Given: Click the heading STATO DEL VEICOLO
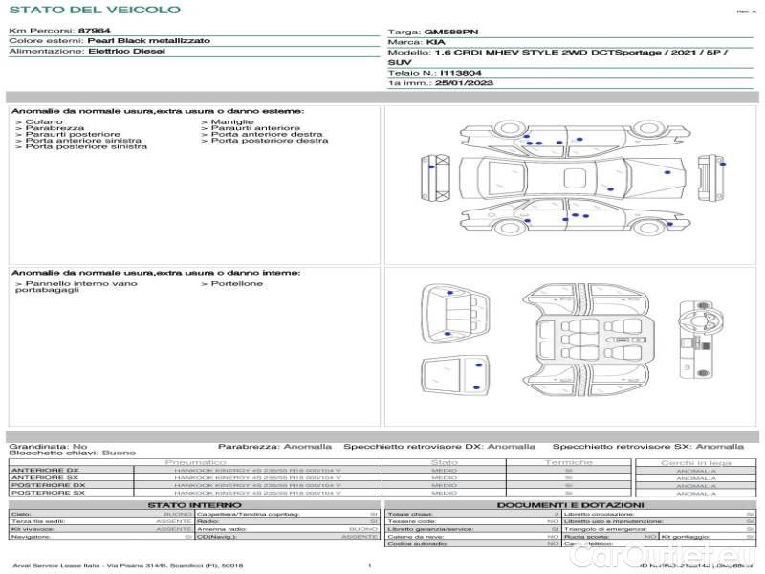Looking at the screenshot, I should (94, 10).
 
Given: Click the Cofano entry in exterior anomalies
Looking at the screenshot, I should (43, 122).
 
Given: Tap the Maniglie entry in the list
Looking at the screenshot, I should (232, 122).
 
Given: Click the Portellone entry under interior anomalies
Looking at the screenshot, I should (236, 283).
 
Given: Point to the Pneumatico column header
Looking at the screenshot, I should (202, 462).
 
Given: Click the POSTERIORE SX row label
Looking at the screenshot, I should (46, 493).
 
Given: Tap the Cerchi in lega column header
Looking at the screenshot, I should (695, 462).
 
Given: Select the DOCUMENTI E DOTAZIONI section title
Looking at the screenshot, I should (570, 504).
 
